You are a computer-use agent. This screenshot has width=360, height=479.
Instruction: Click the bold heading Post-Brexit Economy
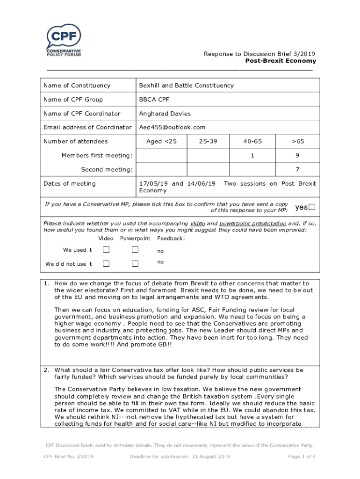281,61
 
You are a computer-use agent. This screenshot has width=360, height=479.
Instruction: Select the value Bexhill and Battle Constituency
186,86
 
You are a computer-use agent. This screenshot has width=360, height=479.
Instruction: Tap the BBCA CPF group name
154,100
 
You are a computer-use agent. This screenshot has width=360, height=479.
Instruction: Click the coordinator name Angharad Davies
165,114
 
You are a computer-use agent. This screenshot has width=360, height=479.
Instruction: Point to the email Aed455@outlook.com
172,127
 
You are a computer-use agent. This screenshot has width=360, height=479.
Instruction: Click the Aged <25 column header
161,141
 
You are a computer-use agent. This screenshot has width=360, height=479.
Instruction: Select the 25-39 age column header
208,141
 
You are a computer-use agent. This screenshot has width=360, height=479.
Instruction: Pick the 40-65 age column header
252,141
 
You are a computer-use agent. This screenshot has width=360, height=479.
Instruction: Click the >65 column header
297,141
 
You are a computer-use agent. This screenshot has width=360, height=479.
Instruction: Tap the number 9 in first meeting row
297,155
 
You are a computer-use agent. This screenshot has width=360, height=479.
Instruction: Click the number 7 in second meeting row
297,169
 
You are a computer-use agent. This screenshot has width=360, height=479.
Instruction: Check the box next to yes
312,207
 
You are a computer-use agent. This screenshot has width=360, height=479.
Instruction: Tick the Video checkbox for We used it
106,250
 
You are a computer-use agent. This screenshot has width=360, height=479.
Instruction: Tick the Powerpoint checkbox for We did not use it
135,264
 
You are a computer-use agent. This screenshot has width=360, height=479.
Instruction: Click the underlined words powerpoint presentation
252,224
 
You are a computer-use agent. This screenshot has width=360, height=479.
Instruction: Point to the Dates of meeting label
69,184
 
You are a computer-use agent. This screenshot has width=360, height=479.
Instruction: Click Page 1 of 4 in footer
302,457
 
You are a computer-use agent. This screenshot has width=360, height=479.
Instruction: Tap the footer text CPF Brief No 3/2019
69,457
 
